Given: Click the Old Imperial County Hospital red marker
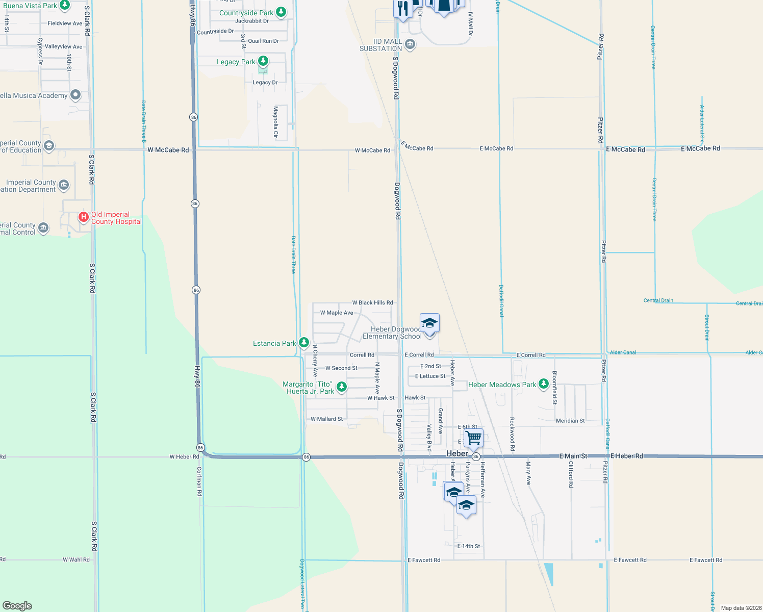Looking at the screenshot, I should (x=84, y=217).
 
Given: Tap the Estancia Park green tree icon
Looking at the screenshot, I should (x=304, y=343).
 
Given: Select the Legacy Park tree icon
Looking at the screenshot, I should (x=263, y=62).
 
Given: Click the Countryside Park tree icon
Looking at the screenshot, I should (x=281, y=12).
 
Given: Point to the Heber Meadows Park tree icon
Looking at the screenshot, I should (x=544, y=384).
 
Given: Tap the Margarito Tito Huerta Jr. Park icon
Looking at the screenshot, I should (x=342, y=387).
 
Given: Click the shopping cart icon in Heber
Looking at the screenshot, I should (x=474, y=437).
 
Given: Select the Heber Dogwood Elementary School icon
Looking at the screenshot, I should (x=429, y=323).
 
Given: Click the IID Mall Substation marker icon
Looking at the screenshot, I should (x=410, y=45).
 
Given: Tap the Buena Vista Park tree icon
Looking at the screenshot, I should (x=65, y=6).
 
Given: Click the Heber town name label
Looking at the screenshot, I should (x=457, y=453).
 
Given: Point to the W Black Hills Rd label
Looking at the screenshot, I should (x=372, y=302).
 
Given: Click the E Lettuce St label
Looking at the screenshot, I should (x=430, y=376).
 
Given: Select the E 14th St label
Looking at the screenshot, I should (x=468, y=546).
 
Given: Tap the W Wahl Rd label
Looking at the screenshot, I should (x=76, y=559).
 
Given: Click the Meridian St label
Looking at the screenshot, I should (x=570, y=421).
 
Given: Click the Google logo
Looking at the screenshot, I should (x=17, y=605).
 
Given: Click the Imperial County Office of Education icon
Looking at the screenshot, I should (x=49, y=146).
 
